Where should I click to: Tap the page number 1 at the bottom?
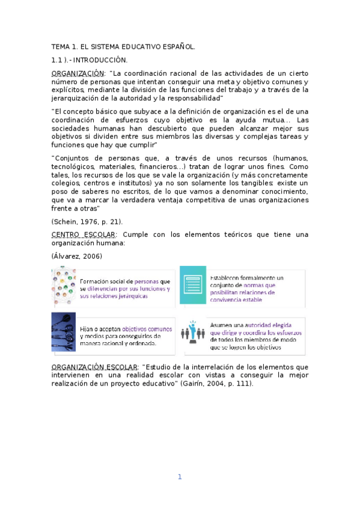click(179, 477)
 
